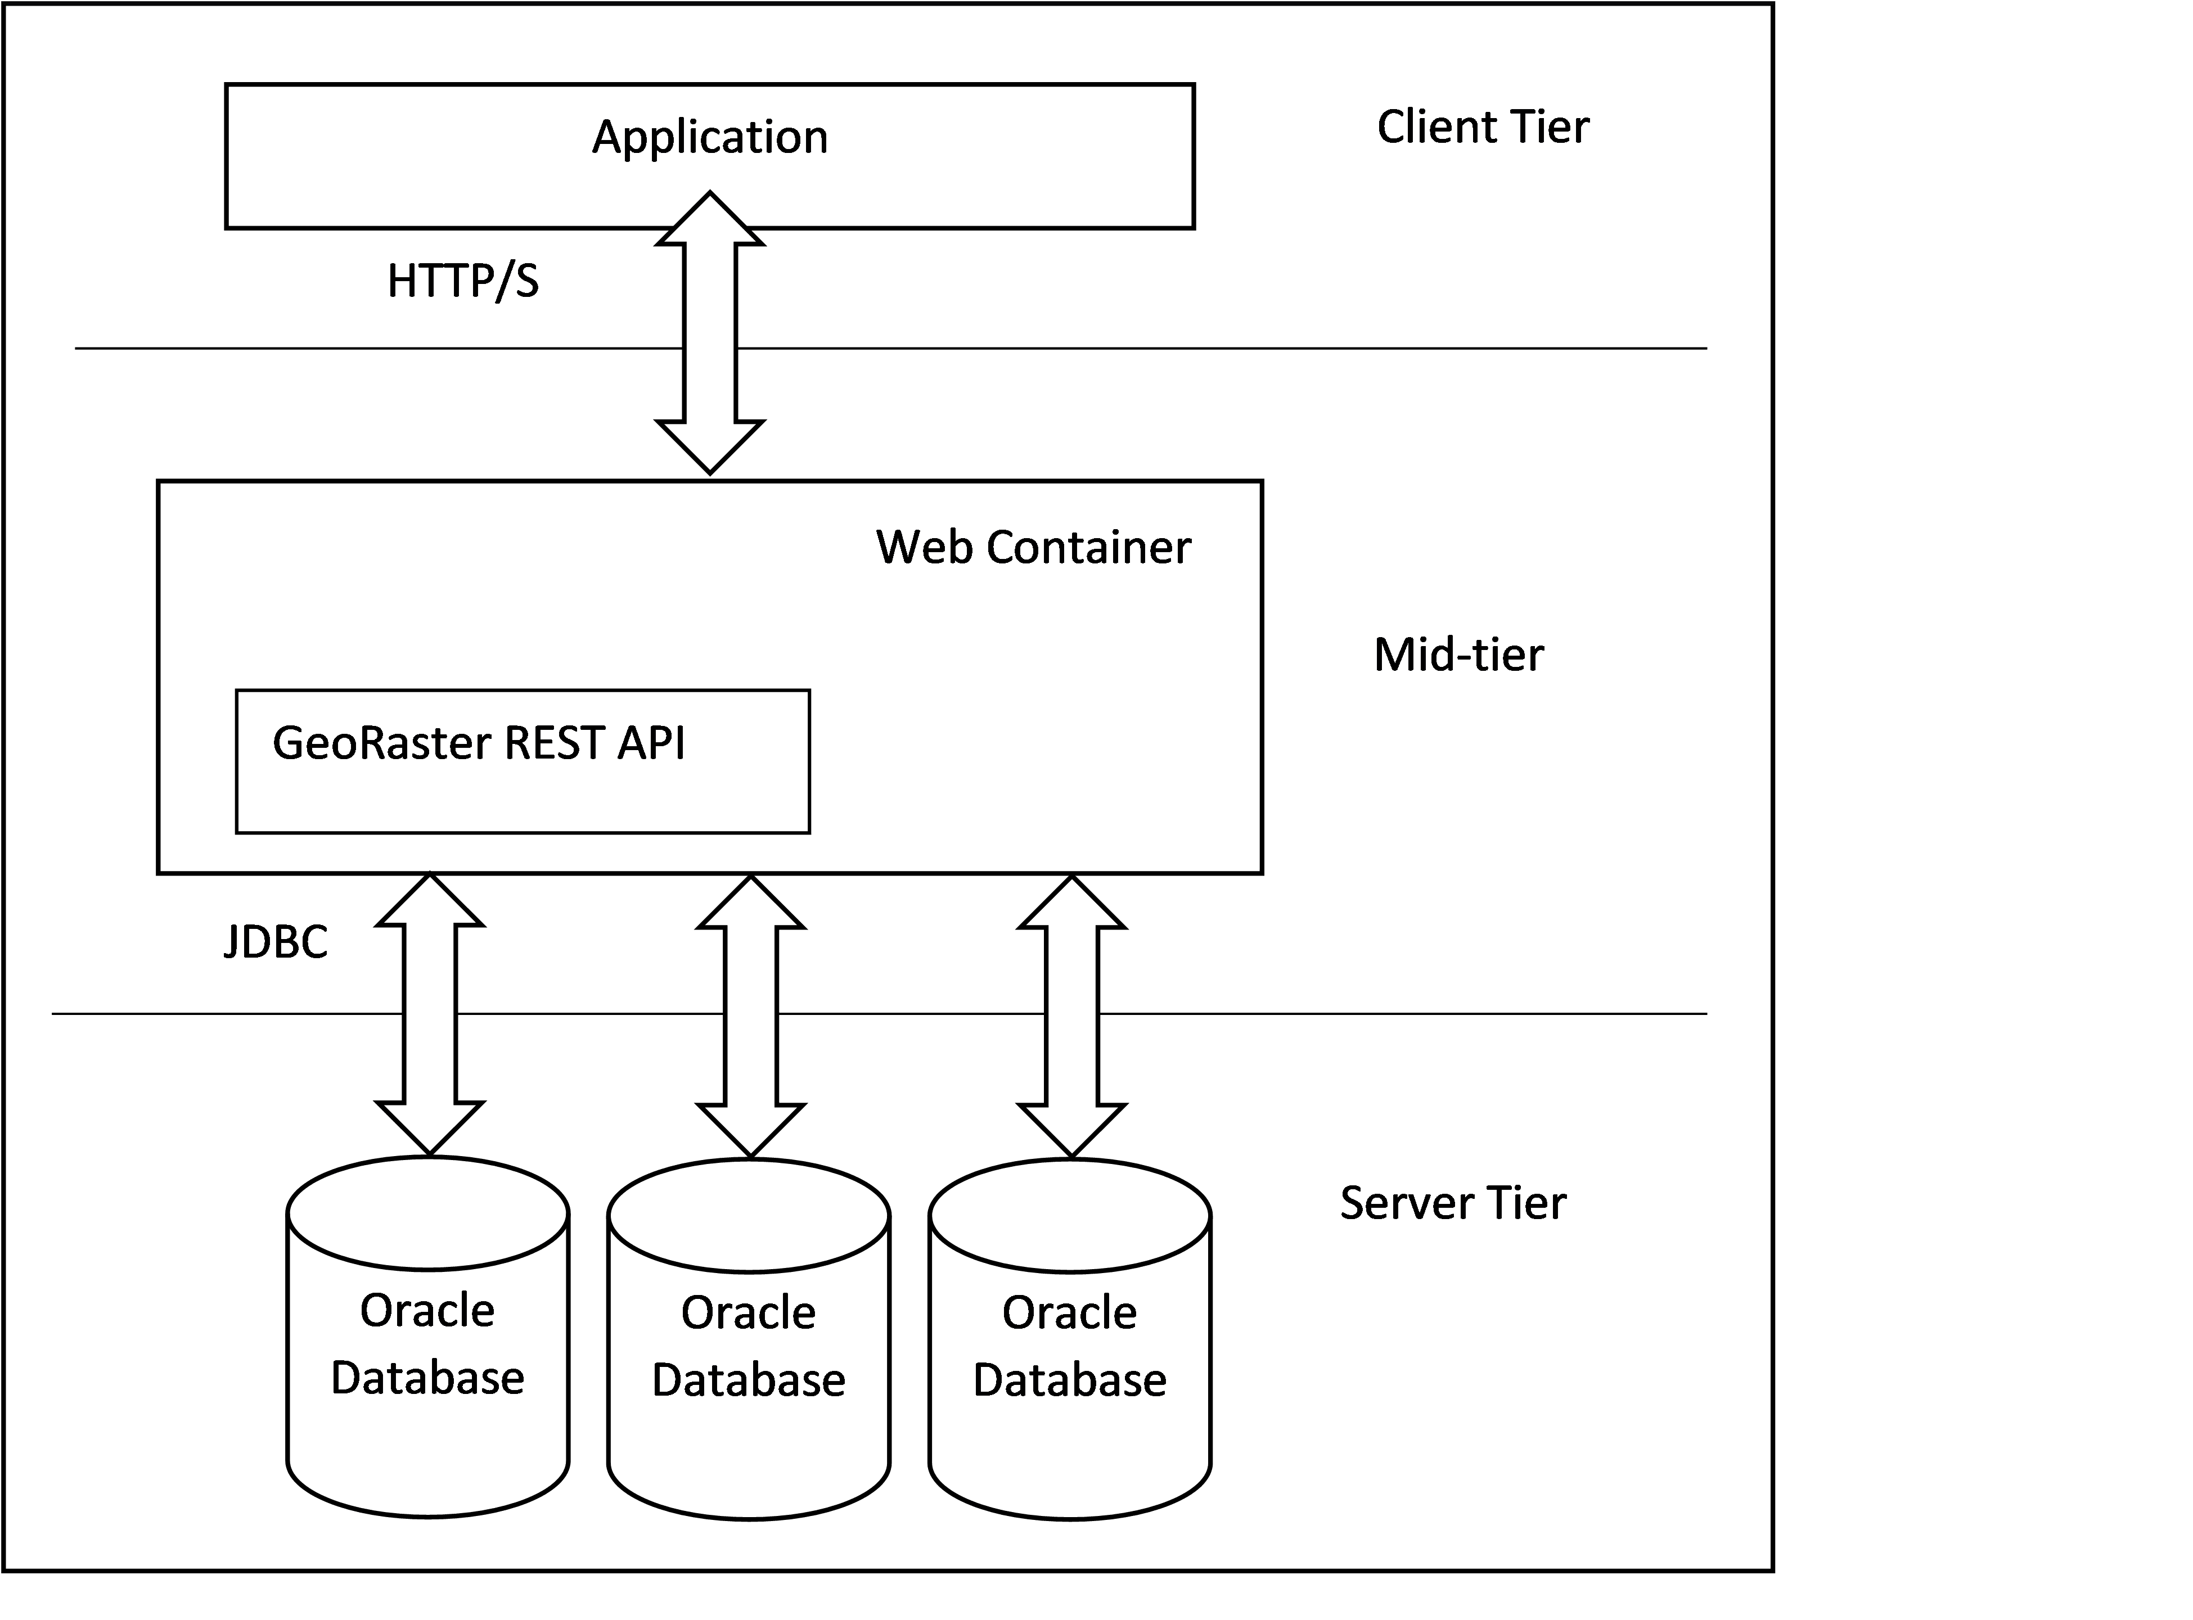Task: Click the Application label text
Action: click(x=710, y=137)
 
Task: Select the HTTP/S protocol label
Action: click(x=463, y=282)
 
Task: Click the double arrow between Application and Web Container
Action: click(x=710, y=333)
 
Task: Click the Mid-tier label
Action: click(x=1458, y=655)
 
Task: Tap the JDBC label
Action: click(x=276, y=942)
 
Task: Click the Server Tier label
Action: click(x=1452, y=1203)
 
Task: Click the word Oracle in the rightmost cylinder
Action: click(x=1069, y=1313)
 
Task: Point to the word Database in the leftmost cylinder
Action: click(x=427, y=1379)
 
